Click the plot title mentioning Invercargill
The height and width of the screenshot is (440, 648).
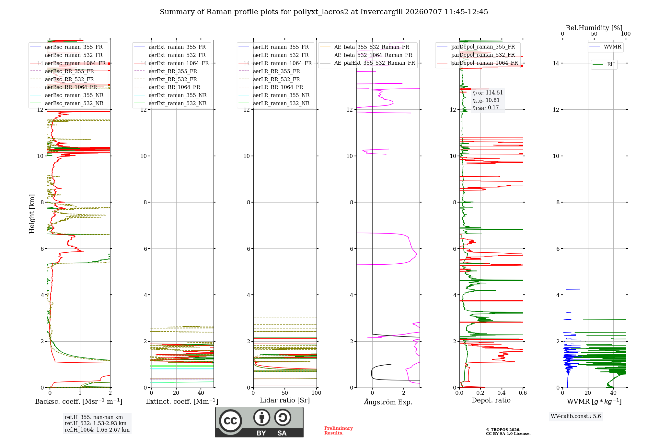pyautogui.click(x=324, y=12)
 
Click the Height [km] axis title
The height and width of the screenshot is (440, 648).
pyautogui.click(x=32, y=214)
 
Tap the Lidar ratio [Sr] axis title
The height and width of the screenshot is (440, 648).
pyautogui.click(x=285, y=400)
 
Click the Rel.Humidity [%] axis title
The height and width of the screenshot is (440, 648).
pyautogui.click(x=594, y=28)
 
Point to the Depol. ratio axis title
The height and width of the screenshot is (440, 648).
pyautogui.click(x=491, y=400)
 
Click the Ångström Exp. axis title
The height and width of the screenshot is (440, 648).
pyautogui.click(x=388, y=402)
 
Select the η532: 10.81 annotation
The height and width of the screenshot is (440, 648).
pyautogui.click(x=486, y=100)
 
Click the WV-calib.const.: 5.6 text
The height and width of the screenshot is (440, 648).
pyautogui.click(x=576, y=416)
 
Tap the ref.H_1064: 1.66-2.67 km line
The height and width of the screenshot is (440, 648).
pyautogui.click(x=97, y=430)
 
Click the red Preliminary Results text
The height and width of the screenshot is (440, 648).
pyautogui.click(x=339, y=431)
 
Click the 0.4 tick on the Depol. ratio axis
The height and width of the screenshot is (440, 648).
pyautogui.click(x=502, y=393)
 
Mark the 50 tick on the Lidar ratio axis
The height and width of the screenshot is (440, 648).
pyautogui.click(x=285, y=393)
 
